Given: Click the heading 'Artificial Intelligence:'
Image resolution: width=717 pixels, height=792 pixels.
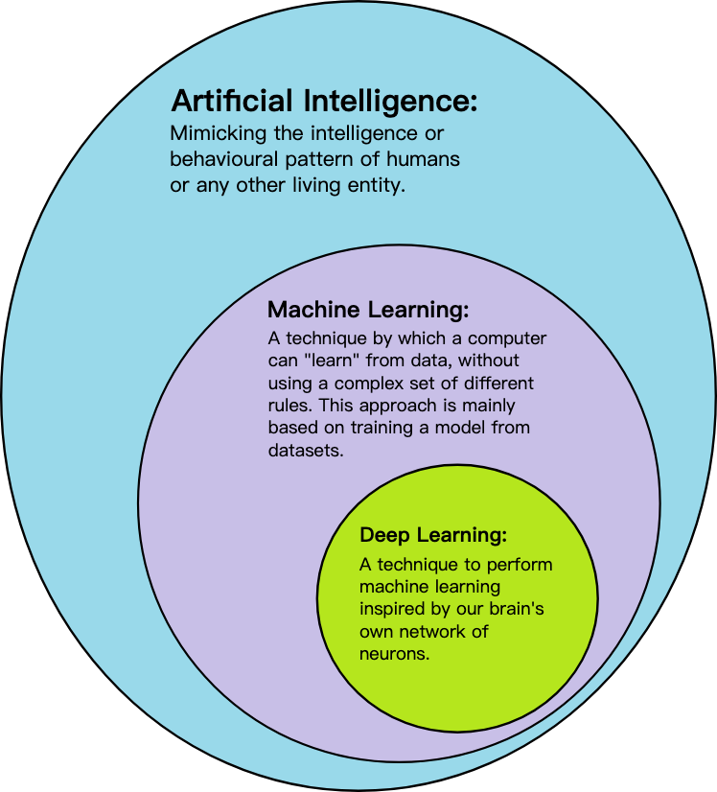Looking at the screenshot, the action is click(x=324, y=101).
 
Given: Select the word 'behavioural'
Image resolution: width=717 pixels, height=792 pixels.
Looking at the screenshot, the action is click(x=223, y=159).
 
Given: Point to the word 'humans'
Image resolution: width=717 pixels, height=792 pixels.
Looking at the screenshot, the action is click(x=423, y=159).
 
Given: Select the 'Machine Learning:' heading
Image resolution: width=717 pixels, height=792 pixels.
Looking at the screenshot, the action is click(x=368, y=310).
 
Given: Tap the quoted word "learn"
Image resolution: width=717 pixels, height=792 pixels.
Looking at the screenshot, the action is click(x=332, y=361).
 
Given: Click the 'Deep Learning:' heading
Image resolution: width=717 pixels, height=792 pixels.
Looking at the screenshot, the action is click(x=433, y=535).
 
